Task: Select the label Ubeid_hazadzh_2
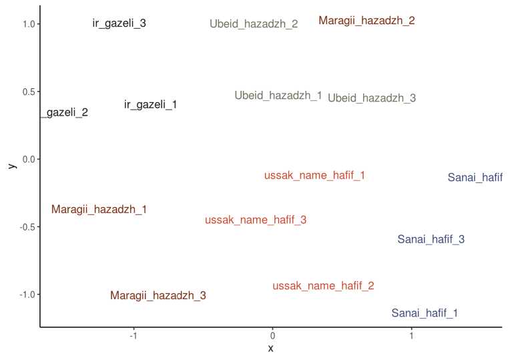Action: coord(254,24)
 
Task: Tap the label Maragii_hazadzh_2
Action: coord(366,21)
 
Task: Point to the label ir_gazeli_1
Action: coord(151,105)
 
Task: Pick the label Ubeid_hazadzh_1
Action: coord(278,96)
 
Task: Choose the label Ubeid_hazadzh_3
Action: coord(372,98)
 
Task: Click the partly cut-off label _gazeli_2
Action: coord(65,113)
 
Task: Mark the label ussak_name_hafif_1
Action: coord(314,176)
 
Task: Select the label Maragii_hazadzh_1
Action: coord(99,210)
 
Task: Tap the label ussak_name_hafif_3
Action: coord(256,220)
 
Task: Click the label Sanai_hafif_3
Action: coord(431,239)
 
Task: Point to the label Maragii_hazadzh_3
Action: coord(158,295)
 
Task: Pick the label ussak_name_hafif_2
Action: coord(323,286)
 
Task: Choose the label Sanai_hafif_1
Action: coord(425,313)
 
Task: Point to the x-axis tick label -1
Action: coord(133,336)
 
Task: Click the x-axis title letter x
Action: coord(270,349)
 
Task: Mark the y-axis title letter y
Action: coord(11,164)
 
